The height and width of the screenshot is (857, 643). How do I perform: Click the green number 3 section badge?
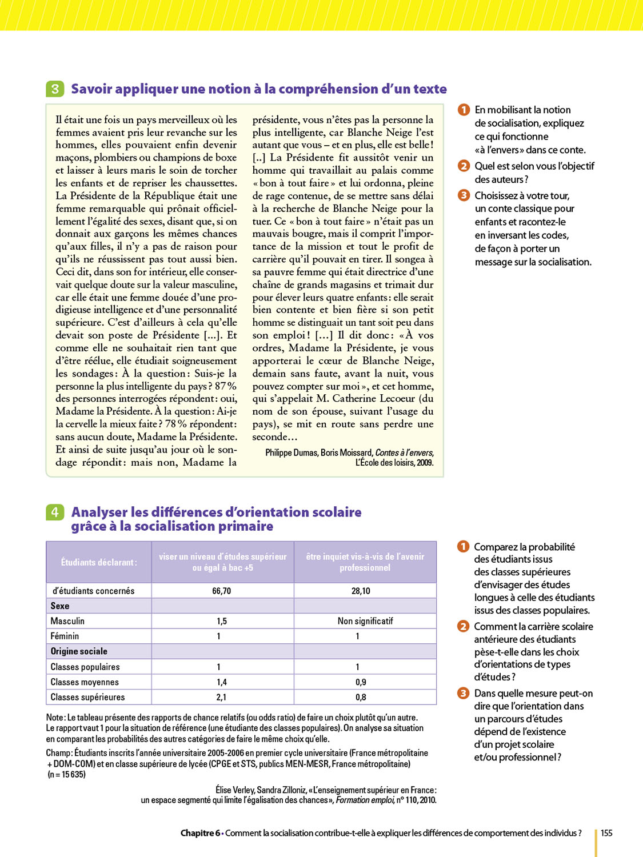click(x=55, y=89)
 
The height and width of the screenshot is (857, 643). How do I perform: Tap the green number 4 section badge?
click(x=55, y=512)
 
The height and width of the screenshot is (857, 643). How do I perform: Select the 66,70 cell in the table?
click(x=222, y=591)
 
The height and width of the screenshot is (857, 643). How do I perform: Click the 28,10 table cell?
click(x=361, y=591)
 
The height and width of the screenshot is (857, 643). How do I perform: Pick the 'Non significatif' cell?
click(x=365, y=621)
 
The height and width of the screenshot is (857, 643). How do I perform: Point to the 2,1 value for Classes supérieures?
click(x=221, y=697)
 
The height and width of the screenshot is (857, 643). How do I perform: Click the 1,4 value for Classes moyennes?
click(x=222, y=682)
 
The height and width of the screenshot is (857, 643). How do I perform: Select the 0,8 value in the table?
click(x=361, y=697)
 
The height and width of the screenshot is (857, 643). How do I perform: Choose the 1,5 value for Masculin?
click(x=222, y=621)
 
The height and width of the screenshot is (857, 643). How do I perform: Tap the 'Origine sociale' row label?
click(x=79, y=651)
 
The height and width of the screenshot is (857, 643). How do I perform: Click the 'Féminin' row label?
click(x=65, y=636)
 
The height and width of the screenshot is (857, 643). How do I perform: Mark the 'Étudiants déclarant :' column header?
click(x=99, y=562)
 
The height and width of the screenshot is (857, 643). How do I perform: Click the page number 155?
click(x=606, y=833)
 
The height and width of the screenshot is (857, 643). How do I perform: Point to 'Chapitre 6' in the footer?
click(x=200, y=833)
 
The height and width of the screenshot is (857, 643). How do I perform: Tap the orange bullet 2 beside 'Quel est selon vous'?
click(x=464, y=166)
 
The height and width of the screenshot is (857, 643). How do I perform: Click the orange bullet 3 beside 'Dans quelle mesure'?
click(x=463, y=693)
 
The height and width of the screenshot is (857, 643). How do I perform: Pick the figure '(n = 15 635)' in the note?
click(x=66, y=775)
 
